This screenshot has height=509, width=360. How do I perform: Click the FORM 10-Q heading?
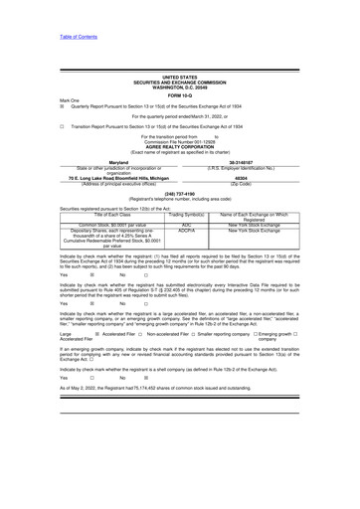click(x=179, y=94)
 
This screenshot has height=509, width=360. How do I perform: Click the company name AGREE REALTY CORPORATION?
click(x=179, y=146)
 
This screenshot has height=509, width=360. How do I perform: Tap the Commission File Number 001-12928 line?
click(x=179, y=142)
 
